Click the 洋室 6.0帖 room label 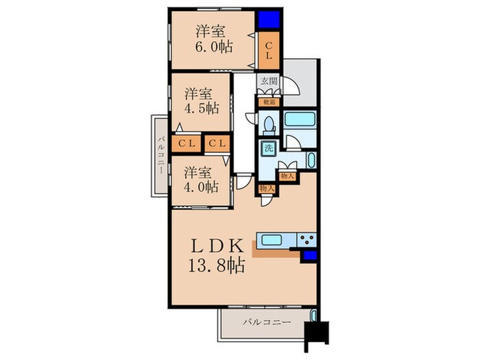click(214, 39)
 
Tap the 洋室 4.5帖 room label click(202, 101)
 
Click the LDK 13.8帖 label click(217, 256)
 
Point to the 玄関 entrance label click(269, 81)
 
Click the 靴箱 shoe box click(269, 103)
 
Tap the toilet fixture click(269, 125)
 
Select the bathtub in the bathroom click(300, 119)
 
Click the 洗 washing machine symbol click(269, 149)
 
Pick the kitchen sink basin click(272, 240)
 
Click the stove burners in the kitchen click(307, 239)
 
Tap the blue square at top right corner click(269, 20)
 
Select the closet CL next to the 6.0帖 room click(269, 51)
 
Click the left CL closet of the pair click(187, 143)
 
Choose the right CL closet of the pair click(217, 143)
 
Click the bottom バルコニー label click(267, 322)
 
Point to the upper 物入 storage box click(287, 176)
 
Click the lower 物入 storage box click(267, 189)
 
